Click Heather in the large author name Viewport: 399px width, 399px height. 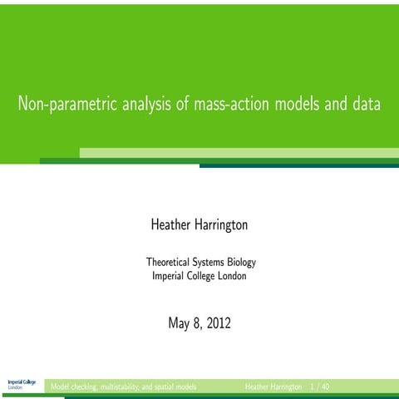point(172,224)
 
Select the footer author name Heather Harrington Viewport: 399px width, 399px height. point(273,387)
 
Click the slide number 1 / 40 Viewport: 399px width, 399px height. point(319,387)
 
